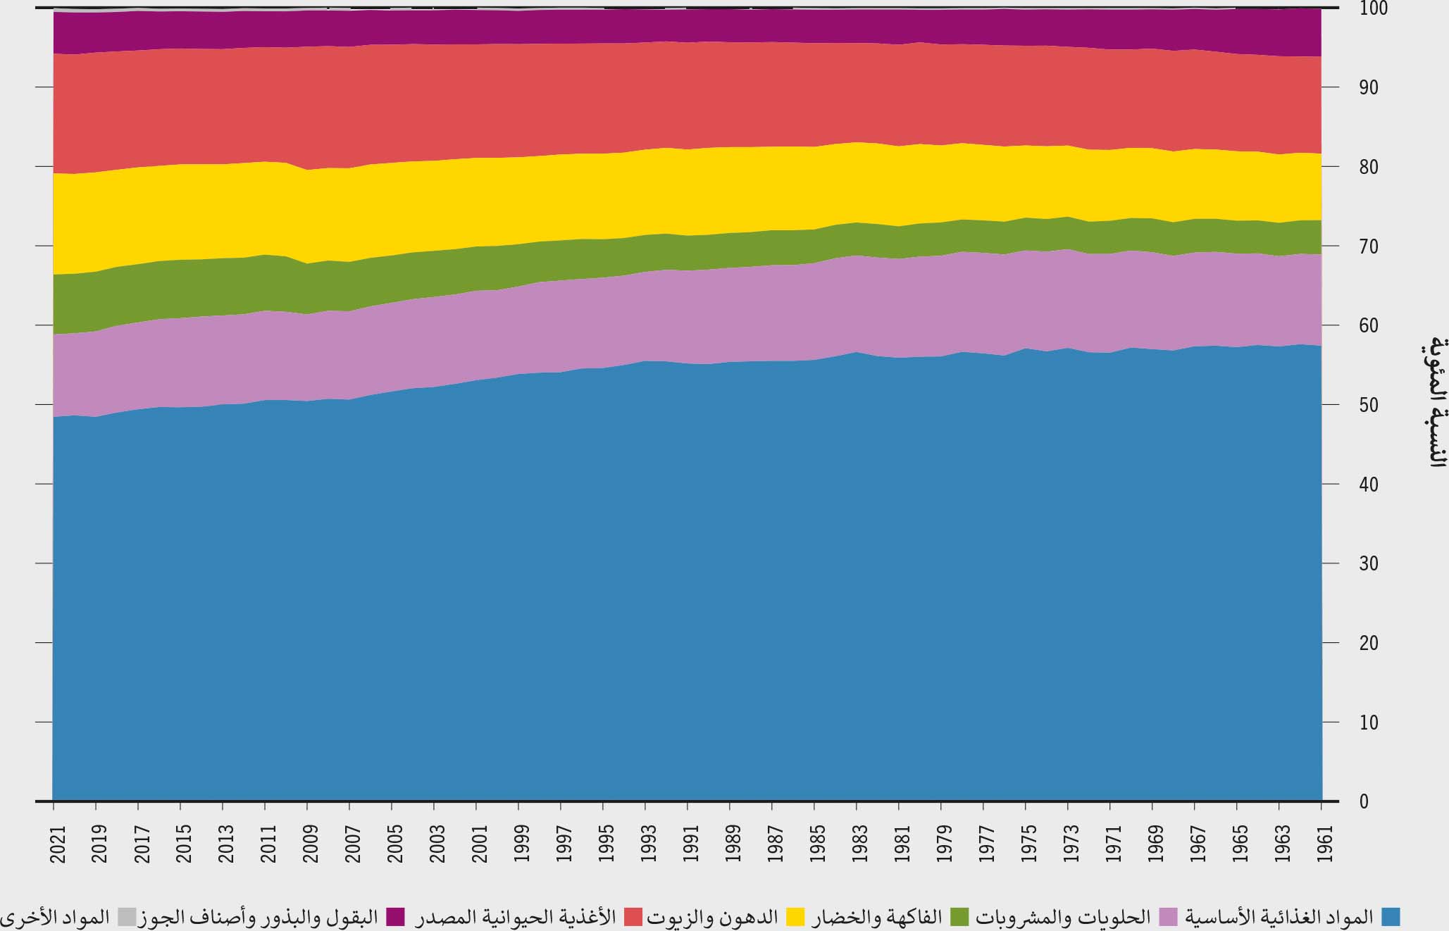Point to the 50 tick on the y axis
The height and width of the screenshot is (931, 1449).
[1348, 405]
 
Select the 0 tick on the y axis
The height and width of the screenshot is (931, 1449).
[1344, 801]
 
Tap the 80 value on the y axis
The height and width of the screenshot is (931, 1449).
[1348, 167]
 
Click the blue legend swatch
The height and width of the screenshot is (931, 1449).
[1390, 917]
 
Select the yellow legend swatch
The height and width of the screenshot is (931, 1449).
[795, 917]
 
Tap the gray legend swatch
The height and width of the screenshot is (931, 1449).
[127, 917]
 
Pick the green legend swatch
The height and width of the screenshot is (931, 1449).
[959, 917]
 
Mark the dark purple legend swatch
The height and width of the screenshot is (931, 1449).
[395, 917]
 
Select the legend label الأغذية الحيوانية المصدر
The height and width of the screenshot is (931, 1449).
[516, 917]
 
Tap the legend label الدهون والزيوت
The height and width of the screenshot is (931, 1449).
[712, 917]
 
